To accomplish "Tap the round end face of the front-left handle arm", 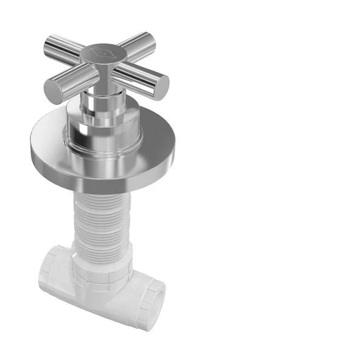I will pyautogui.click(x=53, y=92).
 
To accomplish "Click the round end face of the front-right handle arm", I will pyautogui.click(x=161, y=87).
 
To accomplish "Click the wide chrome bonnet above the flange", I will pyautogui.click(x=104, y=125).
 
